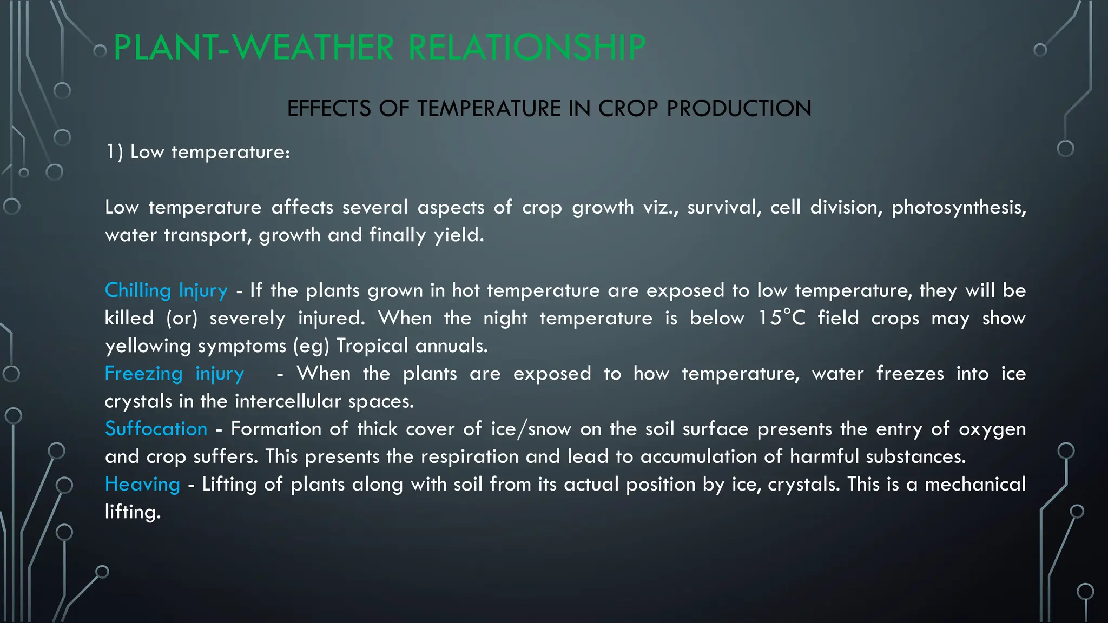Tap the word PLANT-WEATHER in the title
click(254, 48)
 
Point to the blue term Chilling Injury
click(166, 291)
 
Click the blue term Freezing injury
click(174, 374)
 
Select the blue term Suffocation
click(156, 429)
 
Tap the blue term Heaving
click(142, 485)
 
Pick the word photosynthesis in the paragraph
click(958, 208)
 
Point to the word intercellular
click(288, 401)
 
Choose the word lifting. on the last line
click(133, 512)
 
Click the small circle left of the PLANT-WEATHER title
click(100, 51)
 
